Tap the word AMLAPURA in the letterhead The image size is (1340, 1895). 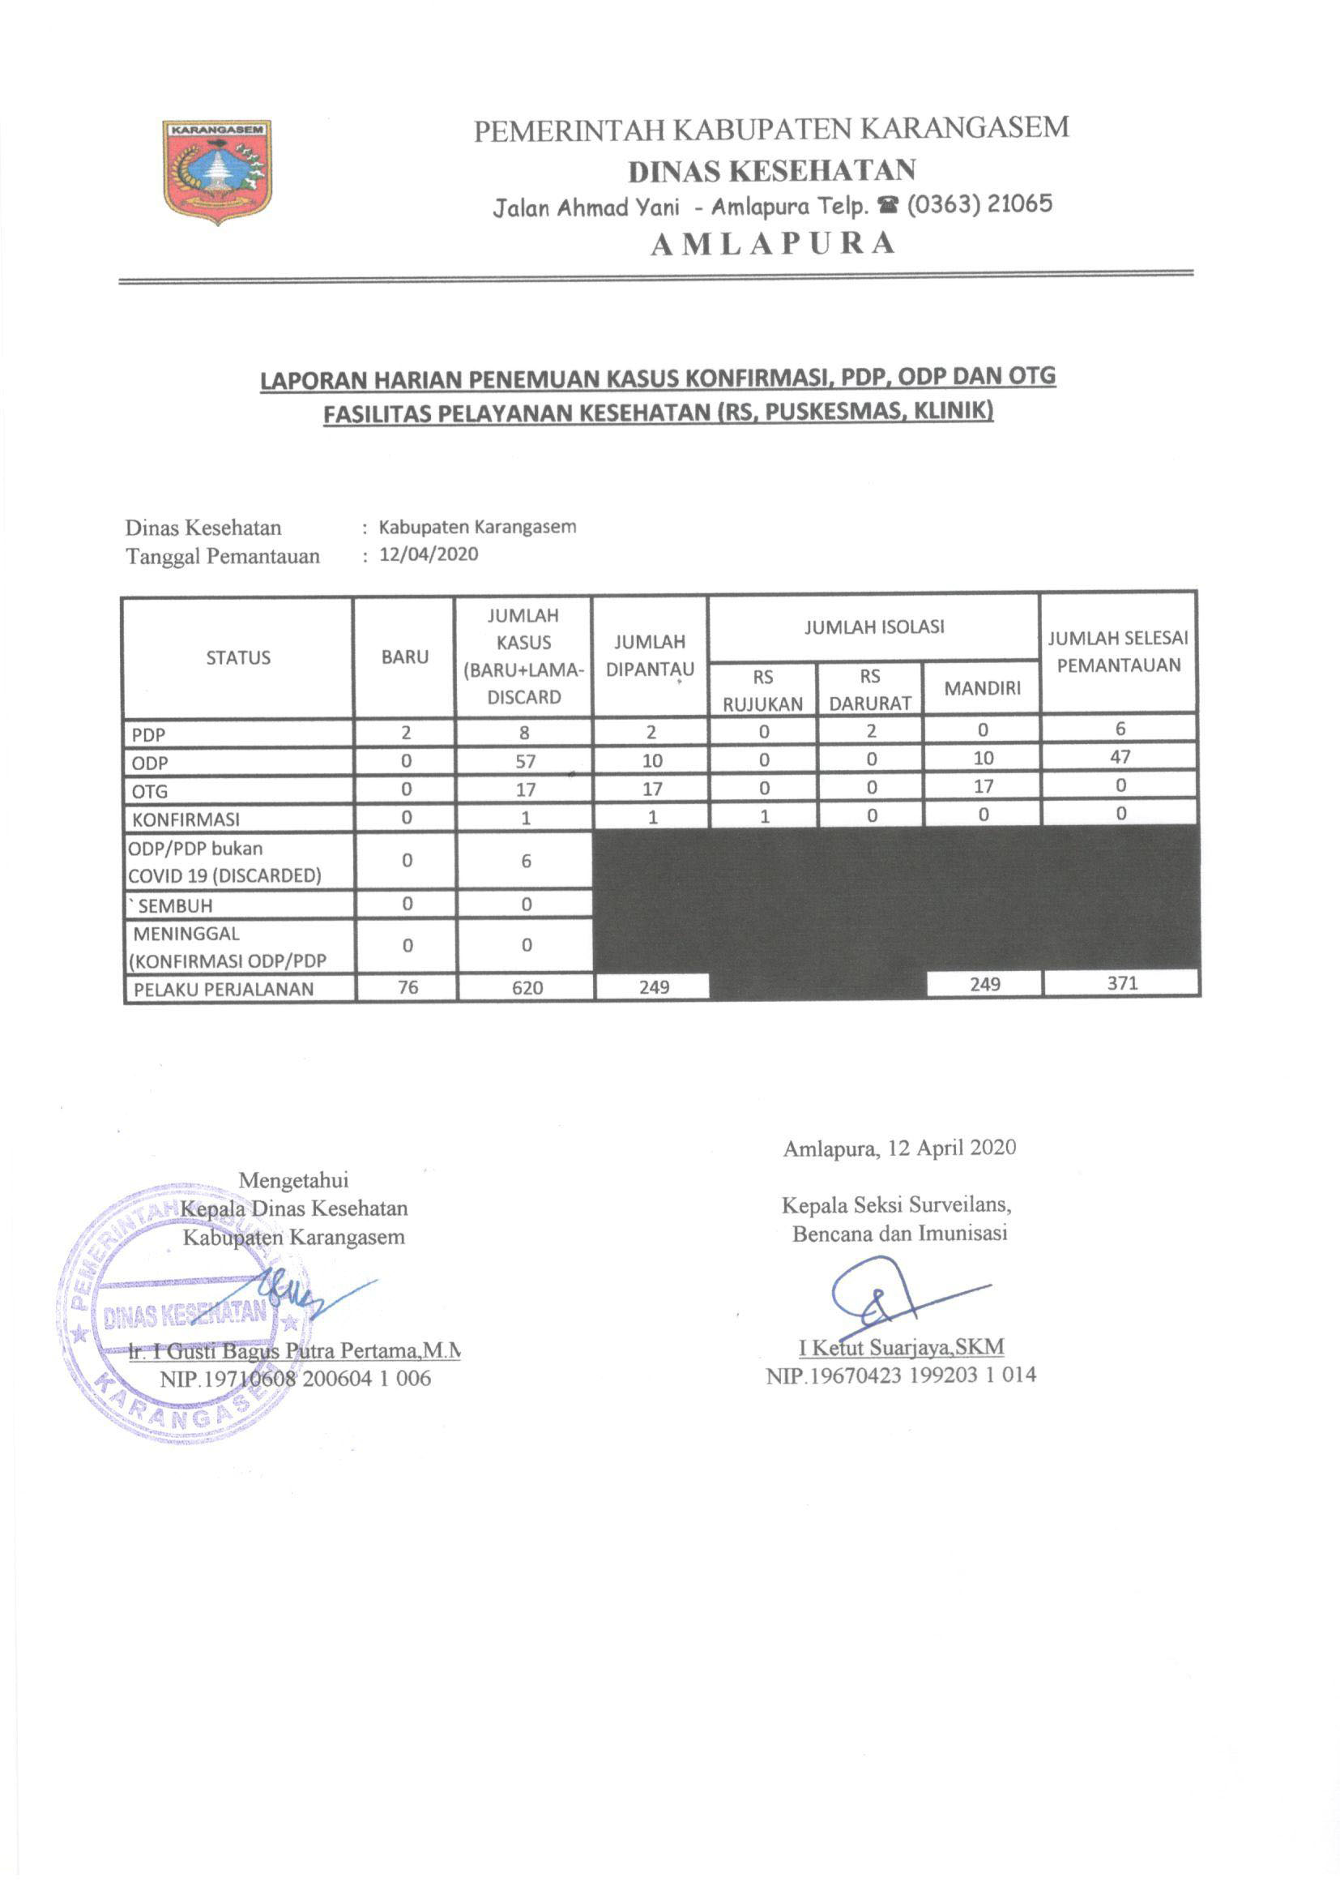click(x=772, y=243)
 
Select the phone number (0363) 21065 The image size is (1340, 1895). click(x=980, y=204)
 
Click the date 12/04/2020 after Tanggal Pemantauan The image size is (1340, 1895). click(x=429, y=554)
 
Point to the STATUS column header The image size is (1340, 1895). click(x=237, y=658)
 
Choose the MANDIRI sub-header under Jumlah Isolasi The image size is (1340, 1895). click(x=982, y=688)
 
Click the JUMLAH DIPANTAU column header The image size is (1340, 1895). click(x=650, y=656)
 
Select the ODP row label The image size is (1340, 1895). click(x=149, y=764)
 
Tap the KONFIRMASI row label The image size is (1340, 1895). click(x=186, y=819)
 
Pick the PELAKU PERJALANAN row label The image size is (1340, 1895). click(x=223, y=990)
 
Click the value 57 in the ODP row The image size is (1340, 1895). click(x=525, y=762)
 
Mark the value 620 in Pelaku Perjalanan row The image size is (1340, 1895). click(x=527, y=988)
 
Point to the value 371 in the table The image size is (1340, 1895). click(x=1122, y=983)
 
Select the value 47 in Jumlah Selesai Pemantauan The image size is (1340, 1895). click(x=1120, y=757)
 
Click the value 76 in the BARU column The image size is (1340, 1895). click(x=408, y=987)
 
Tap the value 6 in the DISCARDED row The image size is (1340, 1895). click(x=526, y=862)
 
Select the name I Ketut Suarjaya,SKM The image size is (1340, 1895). click(x=901, y=1348)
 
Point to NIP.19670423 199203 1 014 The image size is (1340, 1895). click(x=901, y=1375)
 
